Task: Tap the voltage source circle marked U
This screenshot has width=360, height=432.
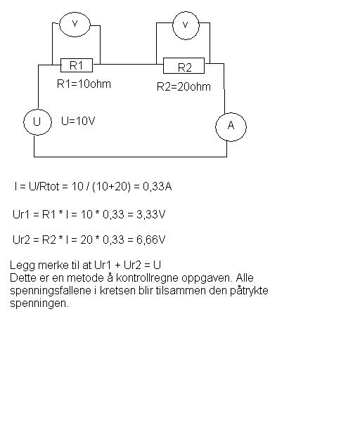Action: pos(25,122)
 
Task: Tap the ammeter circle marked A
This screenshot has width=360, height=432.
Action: pos(216,127)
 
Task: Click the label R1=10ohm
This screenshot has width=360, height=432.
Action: pos(84,84)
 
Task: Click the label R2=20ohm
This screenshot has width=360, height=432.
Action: pos(184,87)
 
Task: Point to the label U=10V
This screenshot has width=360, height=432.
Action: pos(78,121)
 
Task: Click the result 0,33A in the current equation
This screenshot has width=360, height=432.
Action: pos(157,187)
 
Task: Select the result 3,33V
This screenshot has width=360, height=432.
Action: pos(151,214)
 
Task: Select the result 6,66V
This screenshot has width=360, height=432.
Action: pos(151,240)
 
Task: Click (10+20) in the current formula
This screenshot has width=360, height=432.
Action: pos(111,187)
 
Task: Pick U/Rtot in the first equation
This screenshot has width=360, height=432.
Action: pos(44,187)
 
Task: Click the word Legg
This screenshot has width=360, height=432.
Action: pos(22,266)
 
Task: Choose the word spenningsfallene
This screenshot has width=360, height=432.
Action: pos(51,291)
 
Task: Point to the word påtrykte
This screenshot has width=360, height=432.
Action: pos(249,291)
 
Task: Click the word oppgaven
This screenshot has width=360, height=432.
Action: pos(207,277)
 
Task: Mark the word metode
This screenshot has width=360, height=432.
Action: pos(85,277)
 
